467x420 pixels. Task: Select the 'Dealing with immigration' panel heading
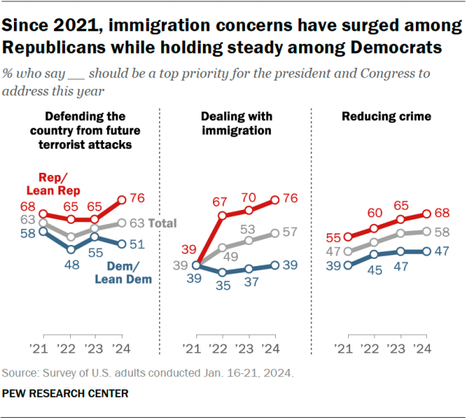pyautogui.click(x=237, y=123)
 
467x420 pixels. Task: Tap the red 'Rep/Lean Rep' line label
pyautogui.click(x=60, y=184)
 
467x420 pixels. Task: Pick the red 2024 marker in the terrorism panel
pyautogui.click(x=121, y=198)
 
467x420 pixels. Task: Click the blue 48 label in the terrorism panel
pyautogui.click(x=72, y=265)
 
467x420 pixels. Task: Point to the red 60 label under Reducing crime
pyautogui.click(x=374, y=213)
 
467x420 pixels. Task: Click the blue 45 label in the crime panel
pyautogui.click(x=374, y=269)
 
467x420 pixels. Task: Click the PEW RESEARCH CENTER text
pyautogui.click(x=65, y=394)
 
